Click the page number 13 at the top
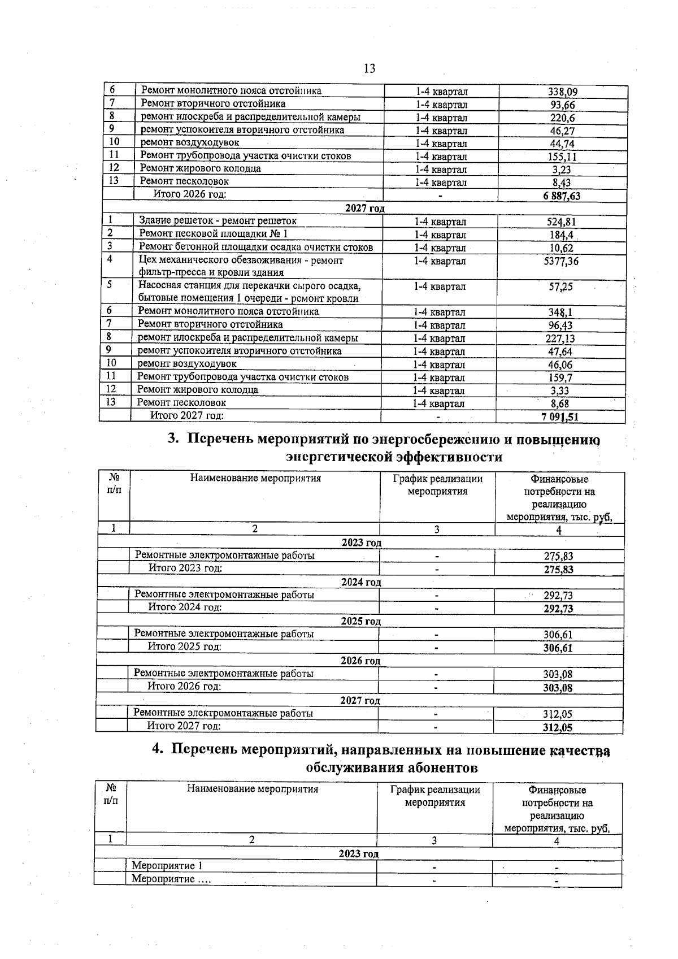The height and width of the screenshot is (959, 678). pyautogui.click(x=369, y=69)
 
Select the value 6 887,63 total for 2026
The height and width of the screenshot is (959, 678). pyautogui.click(x=562, y=196)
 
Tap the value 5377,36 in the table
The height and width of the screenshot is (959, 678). pyautogui.click(x=559, y=261)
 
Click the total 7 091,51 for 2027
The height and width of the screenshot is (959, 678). pyautogui.click(x=559, y=418)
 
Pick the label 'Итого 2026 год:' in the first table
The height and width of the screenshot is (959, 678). pyautogui.click(x=190, y=194)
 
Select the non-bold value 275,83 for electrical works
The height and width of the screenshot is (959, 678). pyautogui.click(x=558, y=556)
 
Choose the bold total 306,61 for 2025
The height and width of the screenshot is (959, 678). pyautogui.click(x=558, y=648)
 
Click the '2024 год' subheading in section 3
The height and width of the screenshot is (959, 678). pyautogui.click(x=361, y=582)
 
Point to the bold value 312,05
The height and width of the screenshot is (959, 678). pyautogui.click(x=558, y=728)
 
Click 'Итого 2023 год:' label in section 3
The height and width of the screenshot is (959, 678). pyautogui.click(x=185, y=568)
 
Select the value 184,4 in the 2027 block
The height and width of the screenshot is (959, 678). pyautogui.click(x=560, y=235)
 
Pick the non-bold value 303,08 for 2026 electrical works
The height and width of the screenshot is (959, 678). pyautogui.click(x=558, y=674)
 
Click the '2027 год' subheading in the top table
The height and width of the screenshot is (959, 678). pyautogui.click(x=364, y=209)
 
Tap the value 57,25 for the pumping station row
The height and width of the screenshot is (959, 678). pyautogui.click(x=560, y=287)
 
